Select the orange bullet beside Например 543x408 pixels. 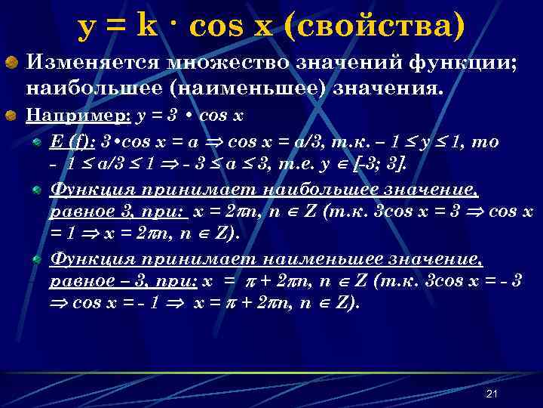pyautogui.click(x=13, y=116)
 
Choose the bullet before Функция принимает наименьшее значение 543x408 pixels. pyautogui.click(x=38, y=259)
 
